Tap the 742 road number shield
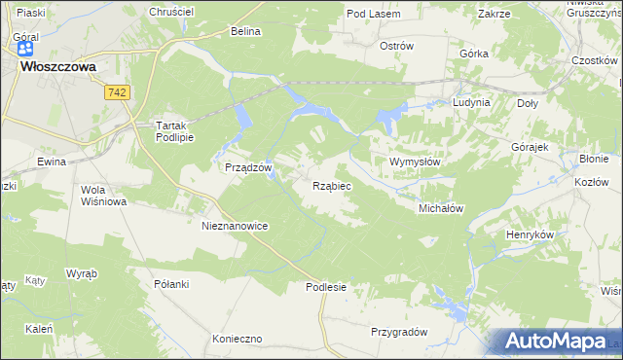pos(119,90)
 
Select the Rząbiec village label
pos(332,184)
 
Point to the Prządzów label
pos(246,167)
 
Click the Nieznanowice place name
pos(234,225)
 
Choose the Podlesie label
pos(325,287)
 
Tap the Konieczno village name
pos(238,340)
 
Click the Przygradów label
pos(399,332)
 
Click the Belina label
pos(246,31)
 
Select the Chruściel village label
pos(172,11)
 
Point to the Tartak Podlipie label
pos(176,131)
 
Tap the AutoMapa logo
pos(553,342)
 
